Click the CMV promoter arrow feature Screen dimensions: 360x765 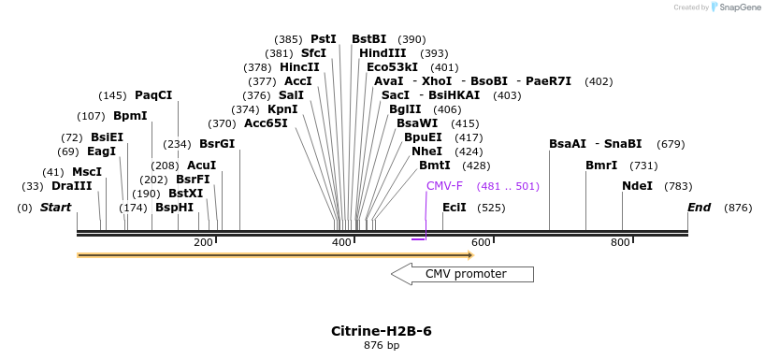tap(462, 274)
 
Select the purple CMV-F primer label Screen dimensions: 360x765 tap(444, 186)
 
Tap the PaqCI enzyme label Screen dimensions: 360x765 tap(153, 95)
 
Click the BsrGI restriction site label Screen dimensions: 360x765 tap(217, 144)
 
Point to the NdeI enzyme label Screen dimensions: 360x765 tap(637, 186)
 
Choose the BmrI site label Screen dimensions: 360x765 tap(601, 166)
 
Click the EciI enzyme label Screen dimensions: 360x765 tap(454, 207)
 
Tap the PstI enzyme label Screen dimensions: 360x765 tap(324, 39)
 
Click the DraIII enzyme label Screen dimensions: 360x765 tap(72, 186)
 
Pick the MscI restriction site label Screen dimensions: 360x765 tap(87, 172)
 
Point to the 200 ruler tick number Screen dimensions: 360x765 tap(203, 243)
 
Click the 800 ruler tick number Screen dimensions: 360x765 tap(620, 243)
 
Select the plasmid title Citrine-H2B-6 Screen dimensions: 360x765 tap(382, 331)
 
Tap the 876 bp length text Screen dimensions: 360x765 tap(382, 346)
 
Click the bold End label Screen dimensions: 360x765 tap(699, 207)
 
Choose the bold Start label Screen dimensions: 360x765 tap(55, 207)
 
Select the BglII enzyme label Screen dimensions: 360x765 tap(405, 109)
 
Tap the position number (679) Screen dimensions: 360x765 tap(671, 144)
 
